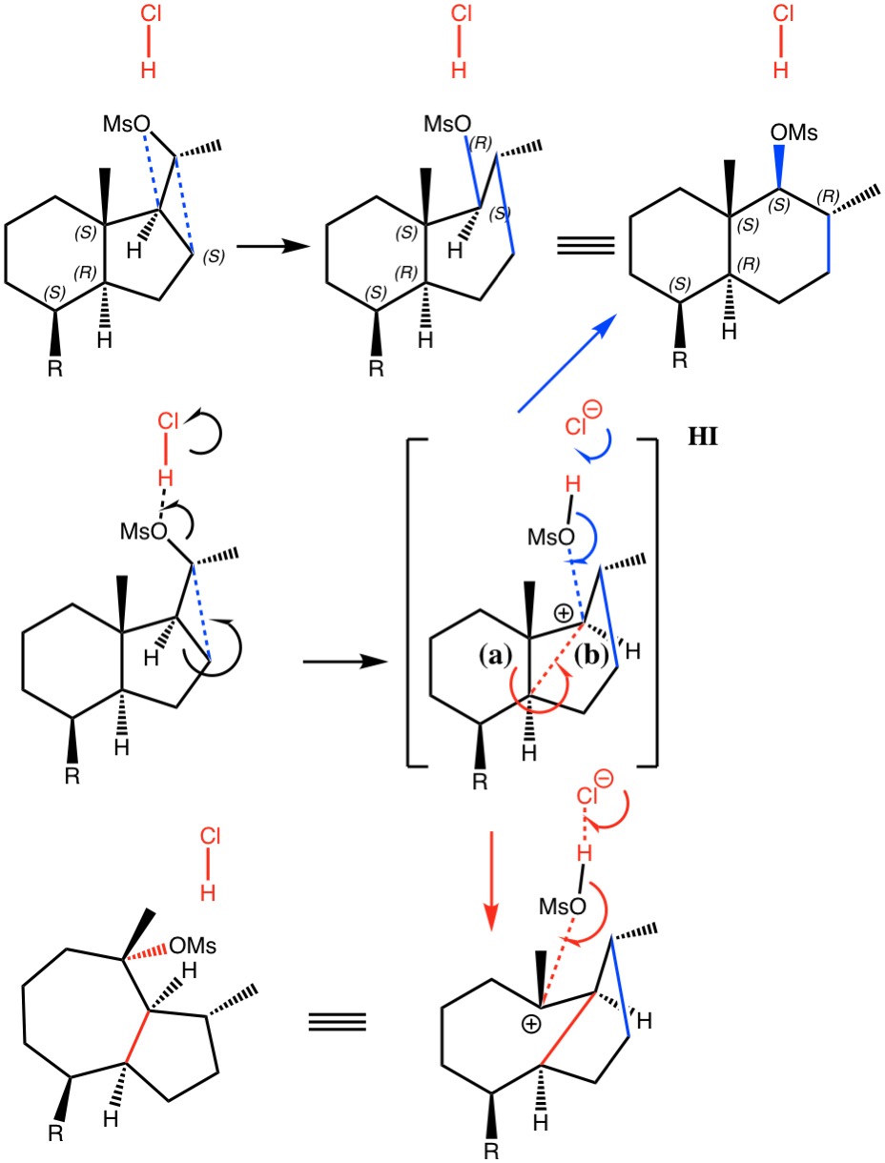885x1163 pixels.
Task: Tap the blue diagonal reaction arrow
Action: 563,366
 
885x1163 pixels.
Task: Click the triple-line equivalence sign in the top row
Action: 586,248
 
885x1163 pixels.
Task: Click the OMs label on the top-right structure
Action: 794,133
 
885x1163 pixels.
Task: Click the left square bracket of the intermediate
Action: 413,601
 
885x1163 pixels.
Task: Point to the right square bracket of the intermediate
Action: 651,601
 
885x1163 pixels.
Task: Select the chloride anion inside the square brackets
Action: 583,425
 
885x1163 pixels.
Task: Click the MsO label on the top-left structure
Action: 128,125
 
